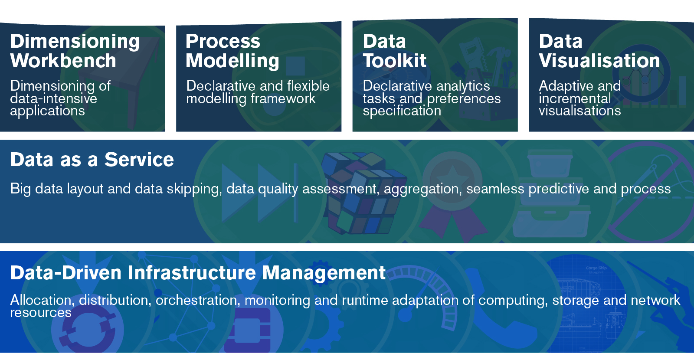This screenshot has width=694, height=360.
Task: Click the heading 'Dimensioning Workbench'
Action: tap(75, 51)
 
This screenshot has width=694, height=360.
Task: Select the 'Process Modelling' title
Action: tap(232, 51)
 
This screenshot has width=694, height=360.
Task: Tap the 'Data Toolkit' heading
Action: tap(394, 51)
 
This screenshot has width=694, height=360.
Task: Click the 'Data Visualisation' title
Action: tap(599, 51)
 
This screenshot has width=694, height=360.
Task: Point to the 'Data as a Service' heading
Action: tap(92, 160)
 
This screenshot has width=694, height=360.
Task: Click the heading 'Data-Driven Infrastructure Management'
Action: tap(198, 273)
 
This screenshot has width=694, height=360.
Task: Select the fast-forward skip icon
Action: tap(260, 193)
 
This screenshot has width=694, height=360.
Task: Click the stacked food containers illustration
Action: tap(550, 193)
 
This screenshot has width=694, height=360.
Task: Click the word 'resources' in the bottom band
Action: tap(41, 313)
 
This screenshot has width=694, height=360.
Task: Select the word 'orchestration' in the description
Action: tap(198, 300)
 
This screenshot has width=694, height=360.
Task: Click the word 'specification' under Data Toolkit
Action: tap(402, 111)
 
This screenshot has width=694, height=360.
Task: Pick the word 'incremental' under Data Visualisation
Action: tap(575, 98)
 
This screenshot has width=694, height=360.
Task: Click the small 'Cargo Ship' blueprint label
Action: tap(596, 268)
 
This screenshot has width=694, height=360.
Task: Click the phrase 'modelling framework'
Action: tap(251, 98)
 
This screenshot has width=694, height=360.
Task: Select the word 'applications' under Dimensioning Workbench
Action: tap(47, 111)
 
